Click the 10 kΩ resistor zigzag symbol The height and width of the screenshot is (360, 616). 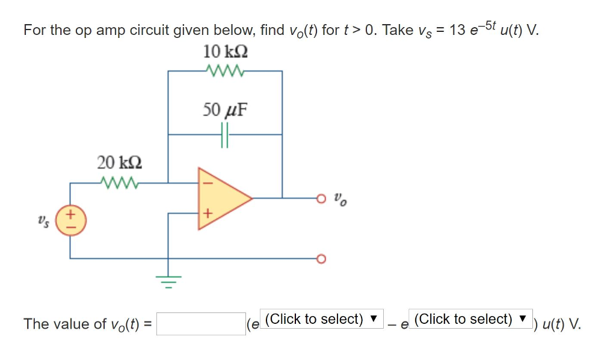[x=224, y=71]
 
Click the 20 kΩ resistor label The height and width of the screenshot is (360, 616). [x=120, y=162]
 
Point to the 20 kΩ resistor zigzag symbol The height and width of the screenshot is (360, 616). [x=120, y=182]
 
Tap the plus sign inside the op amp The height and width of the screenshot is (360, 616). [x=208, y=213]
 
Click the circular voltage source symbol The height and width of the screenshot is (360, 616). [x=71, y=220]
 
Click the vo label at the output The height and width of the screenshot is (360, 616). [x=340, y=199]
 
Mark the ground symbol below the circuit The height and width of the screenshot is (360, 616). [x=168, y=280]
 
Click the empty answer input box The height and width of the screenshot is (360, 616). [x=200, y=324]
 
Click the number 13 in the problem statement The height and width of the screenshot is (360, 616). [x=457, y=30]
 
